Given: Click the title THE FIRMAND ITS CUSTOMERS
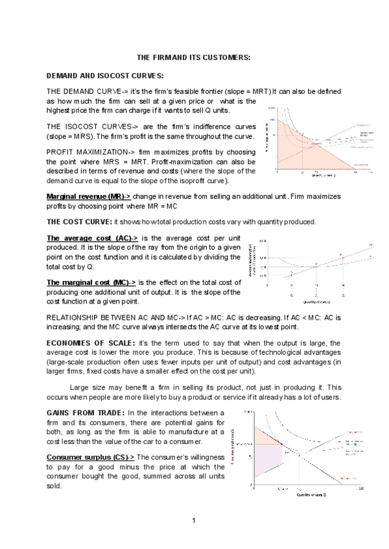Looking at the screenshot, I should point(194,58).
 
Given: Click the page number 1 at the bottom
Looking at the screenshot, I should point(194,521).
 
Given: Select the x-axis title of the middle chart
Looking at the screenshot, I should point(316,302).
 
